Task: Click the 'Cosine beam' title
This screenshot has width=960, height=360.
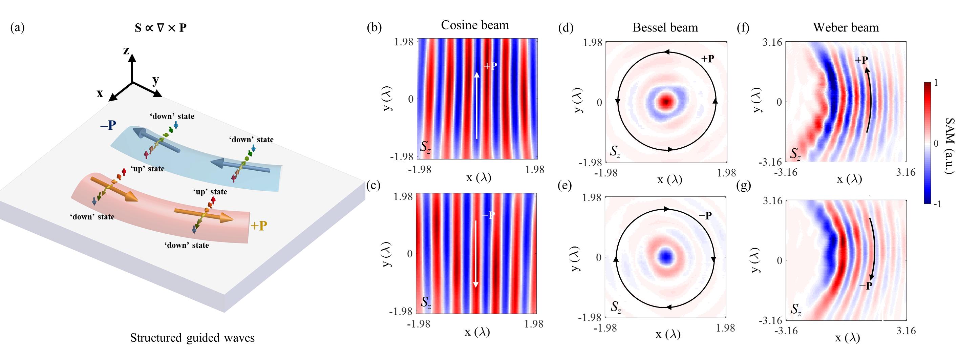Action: click(475, 25)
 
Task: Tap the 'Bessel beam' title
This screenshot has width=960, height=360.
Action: click(665, 27)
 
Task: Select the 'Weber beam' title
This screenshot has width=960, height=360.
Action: click(846, 27)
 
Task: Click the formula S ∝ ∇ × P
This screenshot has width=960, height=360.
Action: click(161, 27)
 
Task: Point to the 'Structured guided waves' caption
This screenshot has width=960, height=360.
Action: click(192, 338)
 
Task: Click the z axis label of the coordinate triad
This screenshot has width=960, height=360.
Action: click(127, 50)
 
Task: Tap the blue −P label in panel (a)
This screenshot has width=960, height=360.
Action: click(108, 126)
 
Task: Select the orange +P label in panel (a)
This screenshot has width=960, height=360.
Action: click(259, 226)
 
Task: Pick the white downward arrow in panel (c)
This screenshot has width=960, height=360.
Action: click(476, 253)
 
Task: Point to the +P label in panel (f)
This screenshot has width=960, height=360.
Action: click(861, 60)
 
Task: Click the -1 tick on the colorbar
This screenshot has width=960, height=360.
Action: click(937, 204)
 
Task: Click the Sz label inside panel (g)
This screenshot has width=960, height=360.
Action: click(796, 310)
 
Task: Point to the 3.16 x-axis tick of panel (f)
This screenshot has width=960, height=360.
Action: click(905, 172)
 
